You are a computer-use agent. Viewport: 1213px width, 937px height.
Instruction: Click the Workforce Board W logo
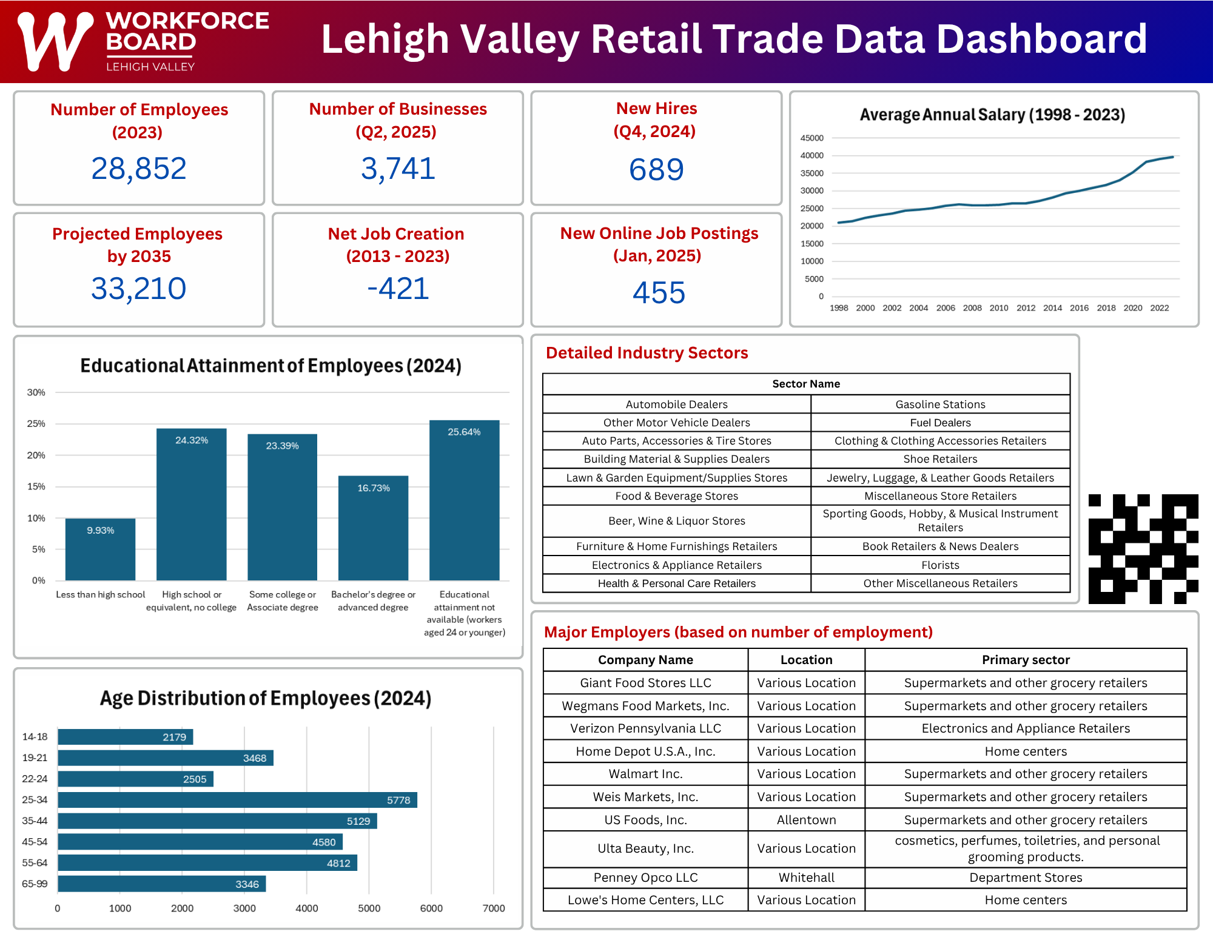point(55,41)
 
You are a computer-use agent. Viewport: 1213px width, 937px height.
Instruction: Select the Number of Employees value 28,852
point(139,169)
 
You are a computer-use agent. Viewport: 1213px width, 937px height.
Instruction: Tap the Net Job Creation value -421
point(398,289)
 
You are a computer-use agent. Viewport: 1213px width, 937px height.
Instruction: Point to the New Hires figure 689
point(656,170)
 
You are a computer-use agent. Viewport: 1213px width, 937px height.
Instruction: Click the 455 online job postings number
point(659,293)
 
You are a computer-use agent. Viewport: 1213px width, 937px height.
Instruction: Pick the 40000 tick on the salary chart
point(812,156)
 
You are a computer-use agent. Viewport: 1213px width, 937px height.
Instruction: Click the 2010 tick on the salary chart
point(999,308)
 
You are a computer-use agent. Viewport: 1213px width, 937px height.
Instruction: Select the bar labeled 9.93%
point(100,549)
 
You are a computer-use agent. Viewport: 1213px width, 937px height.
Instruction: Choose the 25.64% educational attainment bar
point(464,500)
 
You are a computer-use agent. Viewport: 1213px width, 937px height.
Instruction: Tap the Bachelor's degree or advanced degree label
point(373,601)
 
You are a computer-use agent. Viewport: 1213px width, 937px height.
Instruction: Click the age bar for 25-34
point(237,800)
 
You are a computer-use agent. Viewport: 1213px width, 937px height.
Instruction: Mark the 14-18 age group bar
point(125,737)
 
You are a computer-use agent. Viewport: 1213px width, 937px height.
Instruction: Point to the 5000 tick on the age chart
point(369,908)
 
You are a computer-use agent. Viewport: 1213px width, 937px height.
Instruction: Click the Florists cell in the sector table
point(940,565)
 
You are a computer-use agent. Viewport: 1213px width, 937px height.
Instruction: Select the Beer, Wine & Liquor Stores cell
point(676,521)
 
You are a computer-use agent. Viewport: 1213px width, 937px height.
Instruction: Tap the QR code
point(1143,549)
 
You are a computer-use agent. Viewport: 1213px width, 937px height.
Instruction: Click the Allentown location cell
point(806,820)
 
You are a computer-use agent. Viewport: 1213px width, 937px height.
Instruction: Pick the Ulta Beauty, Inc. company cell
point(645,848)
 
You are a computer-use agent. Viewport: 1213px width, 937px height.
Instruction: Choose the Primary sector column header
point(1026,660)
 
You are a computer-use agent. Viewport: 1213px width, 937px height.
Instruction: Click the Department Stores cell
point(1026,878)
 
